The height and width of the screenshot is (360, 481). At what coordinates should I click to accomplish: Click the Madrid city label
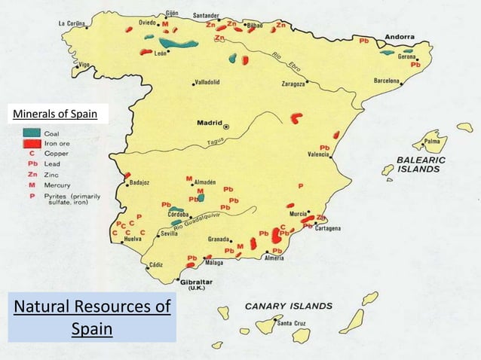(x=209, y=123)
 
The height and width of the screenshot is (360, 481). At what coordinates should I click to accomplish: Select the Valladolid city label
(x=207, y=82)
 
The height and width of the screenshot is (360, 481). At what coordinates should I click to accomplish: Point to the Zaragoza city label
(x=287, y=85)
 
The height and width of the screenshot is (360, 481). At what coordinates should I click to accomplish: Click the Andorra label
(x=399, y=37)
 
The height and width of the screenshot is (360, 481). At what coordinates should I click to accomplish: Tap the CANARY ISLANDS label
(x=288, y=306)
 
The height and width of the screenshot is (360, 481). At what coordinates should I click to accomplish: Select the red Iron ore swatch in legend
(x=32, y=142)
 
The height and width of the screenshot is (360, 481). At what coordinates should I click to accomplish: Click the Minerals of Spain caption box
(x=57, y=114)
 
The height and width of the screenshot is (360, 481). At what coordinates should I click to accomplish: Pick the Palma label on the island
(x=432, y=140)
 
